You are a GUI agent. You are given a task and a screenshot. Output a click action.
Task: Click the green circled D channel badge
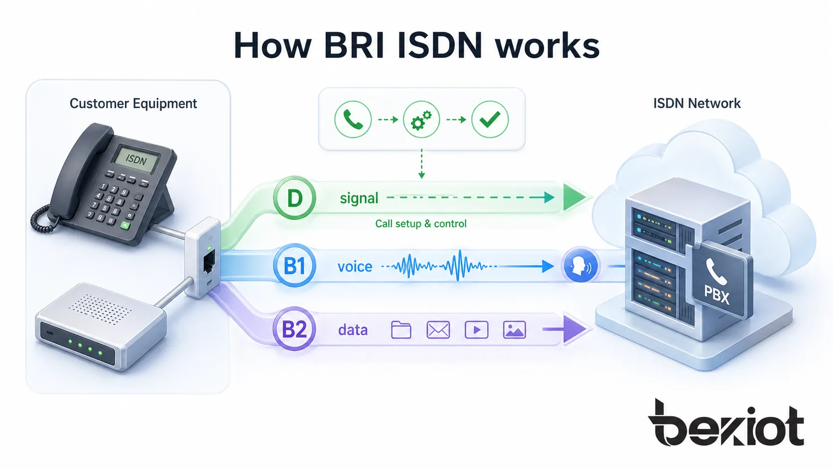(x=294, y=198)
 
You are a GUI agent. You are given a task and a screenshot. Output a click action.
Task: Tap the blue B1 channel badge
(x=294, y=266)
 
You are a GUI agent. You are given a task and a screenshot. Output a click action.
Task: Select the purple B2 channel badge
(x=294, y=329)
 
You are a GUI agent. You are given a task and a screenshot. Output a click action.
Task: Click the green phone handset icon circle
(x=353, y=120)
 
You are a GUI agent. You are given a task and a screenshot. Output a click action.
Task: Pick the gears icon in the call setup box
(x=421, y=120)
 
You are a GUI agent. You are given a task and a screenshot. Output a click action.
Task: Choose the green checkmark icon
(x=490, y=120)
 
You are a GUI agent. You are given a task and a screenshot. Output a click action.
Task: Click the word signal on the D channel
(x=359, y=198)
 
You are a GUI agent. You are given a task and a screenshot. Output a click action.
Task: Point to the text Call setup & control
(x=420, y=224)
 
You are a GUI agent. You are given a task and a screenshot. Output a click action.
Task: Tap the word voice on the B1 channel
(x=355, y=267)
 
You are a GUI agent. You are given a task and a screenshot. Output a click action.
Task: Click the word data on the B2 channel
(x=353, y=330)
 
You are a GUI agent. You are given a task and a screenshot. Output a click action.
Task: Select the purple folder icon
(x=401, y=330)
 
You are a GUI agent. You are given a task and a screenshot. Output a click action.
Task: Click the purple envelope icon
(x=438, y=330)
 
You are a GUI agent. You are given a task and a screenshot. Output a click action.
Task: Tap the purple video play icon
(x=476, y=330)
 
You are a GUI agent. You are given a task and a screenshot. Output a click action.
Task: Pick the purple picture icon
(x=514, y=330)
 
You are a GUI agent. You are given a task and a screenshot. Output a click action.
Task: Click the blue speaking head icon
(x=580, y=266)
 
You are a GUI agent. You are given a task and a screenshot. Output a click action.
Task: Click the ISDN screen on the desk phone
(x=136, y=159)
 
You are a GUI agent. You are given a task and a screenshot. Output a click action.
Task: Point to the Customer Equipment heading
(x=133, y=104)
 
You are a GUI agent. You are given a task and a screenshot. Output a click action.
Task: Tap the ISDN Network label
(x=696, y=104)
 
